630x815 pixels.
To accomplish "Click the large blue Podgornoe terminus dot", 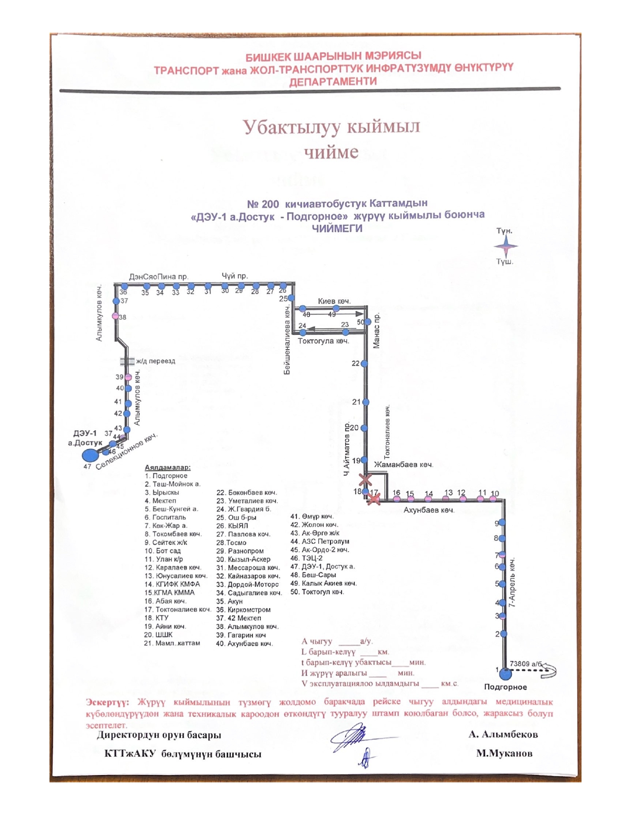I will [504, 674].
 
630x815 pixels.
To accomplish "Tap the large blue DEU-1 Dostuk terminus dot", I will [89, 455].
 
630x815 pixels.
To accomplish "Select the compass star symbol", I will [505, 246].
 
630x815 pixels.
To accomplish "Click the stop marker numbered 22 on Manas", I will [365, 364].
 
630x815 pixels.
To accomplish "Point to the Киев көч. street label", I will [334, 301].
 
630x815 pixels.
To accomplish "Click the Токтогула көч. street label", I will [323, 341].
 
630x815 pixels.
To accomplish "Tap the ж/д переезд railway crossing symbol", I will [127, 361].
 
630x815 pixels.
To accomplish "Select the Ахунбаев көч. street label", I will [429, 510].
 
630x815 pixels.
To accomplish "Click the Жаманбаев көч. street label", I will [403, 464].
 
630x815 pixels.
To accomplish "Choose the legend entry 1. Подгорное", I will [166, 476].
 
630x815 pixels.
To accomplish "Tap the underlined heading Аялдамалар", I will [168, 467].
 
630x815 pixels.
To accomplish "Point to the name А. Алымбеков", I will [503, 734].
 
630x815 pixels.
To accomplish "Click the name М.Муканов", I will [504, 753].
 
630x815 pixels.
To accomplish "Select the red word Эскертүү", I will [107, 702].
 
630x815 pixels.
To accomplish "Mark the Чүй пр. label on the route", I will [235, 276].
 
